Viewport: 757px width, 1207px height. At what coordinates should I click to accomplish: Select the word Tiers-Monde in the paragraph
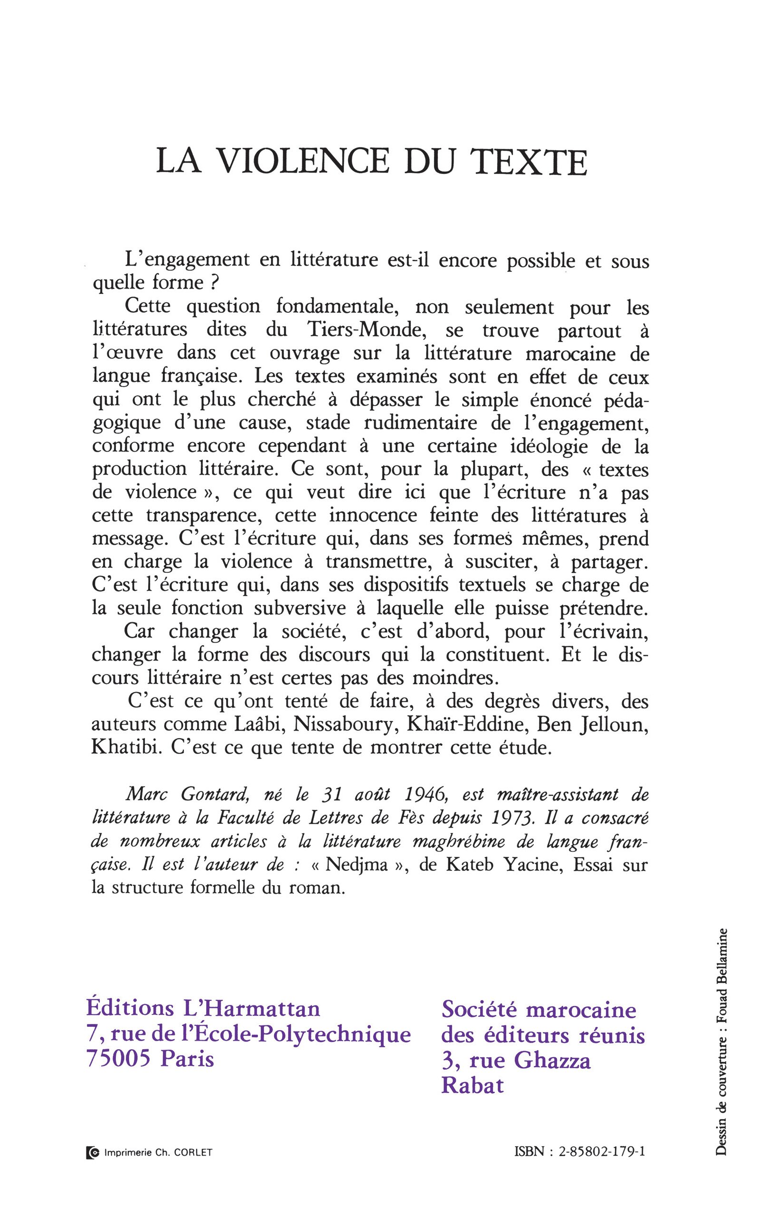[371, 331]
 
